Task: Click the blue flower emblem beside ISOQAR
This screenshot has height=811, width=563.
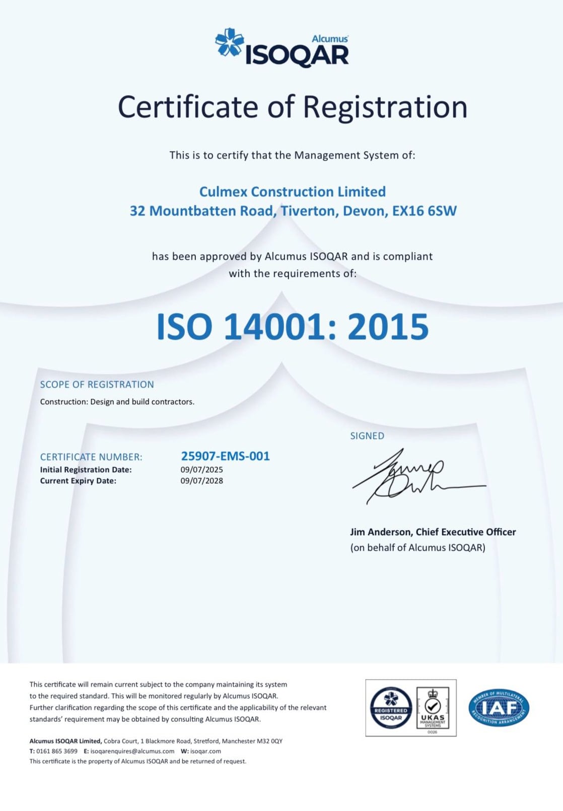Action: pyautogui.click(x=230, y=42)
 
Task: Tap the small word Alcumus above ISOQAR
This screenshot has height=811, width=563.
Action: pyautogui.click(x=330, y=39)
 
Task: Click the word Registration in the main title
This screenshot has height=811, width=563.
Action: pyautogui.click(x=385, y=107)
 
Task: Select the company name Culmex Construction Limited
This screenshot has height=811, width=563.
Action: pyautogui.click(x=292, y=192)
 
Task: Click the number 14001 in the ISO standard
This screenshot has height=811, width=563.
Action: pyautogui.click(x=275, y=327)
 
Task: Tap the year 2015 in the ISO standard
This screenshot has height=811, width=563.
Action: pyautogui.click(x=388, y=327)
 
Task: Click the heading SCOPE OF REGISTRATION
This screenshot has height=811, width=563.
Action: pyautogui.click(x=97, y=385)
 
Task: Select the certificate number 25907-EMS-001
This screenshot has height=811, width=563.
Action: pyautogui.click(x=225, y=456)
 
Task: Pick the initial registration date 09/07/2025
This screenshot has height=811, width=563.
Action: pyautogui.click(x=201, y=470)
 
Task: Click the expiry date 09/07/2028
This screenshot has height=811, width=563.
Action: pyautogui.click(x=201, y=481)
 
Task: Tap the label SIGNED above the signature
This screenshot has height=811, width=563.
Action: pyautogui.click(x=367, y=436)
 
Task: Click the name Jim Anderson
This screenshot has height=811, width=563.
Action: pyautogui.click(x=380, y=532)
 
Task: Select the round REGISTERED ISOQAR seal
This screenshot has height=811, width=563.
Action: pyautogui.click(x=391, y=707)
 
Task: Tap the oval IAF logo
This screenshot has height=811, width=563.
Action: pyautogui.click(x=499, y=708)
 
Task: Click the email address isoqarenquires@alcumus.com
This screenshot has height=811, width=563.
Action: pyautogui.click(x=132, y=751)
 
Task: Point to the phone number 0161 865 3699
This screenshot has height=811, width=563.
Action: pyautogui.click(x=57, y=751)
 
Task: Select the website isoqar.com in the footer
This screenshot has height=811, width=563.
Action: pyautogui.click(x=205, y=751)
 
